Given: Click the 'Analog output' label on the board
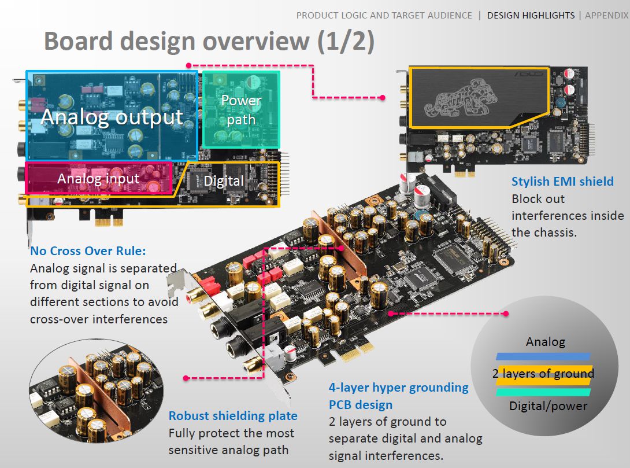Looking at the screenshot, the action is pyautogui.click(x=112, y=117).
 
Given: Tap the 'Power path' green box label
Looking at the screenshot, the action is pyautogui.click(x=241, y=109).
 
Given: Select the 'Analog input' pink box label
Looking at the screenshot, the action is pyautogui.click(x=98, y=179).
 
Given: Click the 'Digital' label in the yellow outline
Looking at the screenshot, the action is pyautogui.click(x=224, y=181).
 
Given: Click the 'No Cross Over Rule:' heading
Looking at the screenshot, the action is pyautogui.click(x=88, y=251).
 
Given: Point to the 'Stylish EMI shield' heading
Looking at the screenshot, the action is pyautogui.click(x=562, y=181).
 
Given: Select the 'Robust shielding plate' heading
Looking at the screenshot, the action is pyautogui.click(x=233, y=416).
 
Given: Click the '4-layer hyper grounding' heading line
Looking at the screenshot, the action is pyautogui.click(x=399, y=388).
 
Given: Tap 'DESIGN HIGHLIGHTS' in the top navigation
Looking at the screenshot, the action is pyautogui.click(x=531, y=15).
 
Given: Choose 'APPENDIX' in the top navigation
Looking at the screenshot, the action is pyautogui.click(x=607, y=15).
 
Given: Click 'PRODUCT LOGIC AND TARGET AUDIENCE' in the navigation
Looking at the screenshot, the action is pyautogui.click(x=384, y=15).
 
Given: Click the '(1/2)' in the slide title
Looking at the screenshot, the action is pyautogui.click(x=346, y=42).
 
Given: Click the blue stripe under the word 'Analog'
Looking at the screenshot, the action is pyautogui.click(x=543, y=356).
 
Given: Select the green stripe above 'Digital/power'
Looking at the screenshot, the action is pyautogui.click(x=543, y=392).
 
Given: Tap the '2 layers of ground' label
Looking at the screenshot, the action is pyautogui.click(x=543, y=374).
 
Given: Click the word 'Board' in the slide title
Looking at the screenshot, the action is pyautogui.click(x=79, y=41).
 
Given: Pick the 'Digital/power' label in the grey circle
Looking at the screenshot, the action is pyautogui.click(x=549, y=406).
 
